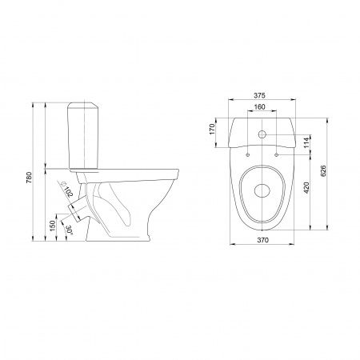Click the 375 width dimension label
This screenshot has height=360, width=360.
(x=259, y=95)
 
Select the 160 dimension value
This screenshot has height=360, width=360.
(x=259, y=106)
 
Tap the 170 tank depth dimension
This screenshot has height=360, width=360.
(x=212, y=129)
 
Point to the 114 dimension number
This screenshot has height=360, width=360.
(x=306, y=142)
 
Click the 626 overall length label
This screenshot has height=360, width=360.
(x=322, y=171)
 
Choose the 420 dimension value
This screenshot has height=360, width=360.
(x=306, y=187)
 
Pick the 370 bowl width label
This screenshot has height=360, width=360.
(x=262, y=240)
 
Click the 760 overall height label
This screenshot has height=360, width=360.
(x=29, y=178)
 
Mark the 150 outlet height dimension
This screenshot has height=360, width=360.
(x=52, y=226)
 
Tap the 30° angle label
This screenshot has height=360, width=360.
(x=69, y=230)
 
